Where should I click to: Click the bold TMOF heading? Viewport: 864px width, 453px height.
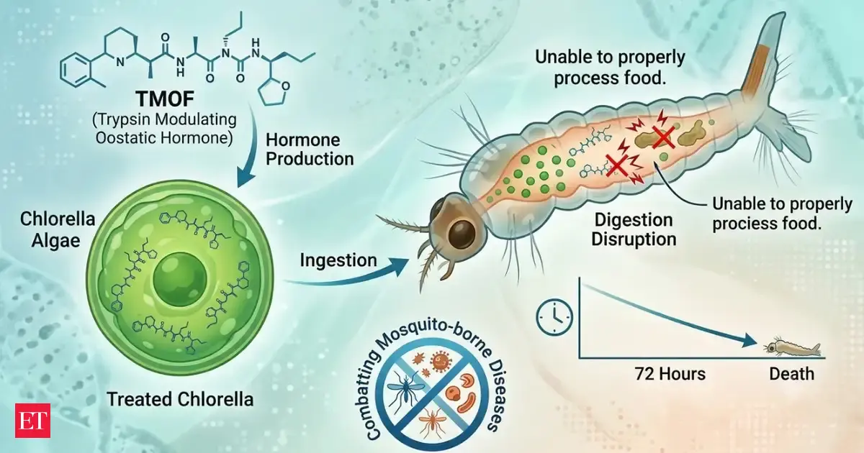point(165,99)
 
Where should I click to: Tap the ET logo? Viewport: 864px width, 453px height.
point(33,421)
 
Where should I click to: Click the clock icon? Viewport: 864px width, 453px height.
point(554,317)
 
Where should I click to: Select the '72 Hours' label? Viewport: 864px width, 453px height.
point(670,374)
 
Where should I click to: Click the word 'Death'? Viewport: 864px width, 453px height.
point(791,374)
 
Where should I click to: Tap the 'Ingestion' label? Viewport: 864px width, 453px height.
point(338,260)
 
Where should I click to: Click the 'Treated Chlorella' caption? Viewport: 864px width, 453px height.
point(180,400)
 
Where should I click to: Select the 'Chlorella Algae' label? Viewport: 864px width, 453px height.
point(58,230)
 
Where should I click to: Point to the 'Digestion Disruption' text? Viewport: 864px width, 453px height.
point(634,229)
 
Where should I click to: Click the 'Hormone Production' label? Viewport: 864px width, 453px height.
point(310,150)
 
